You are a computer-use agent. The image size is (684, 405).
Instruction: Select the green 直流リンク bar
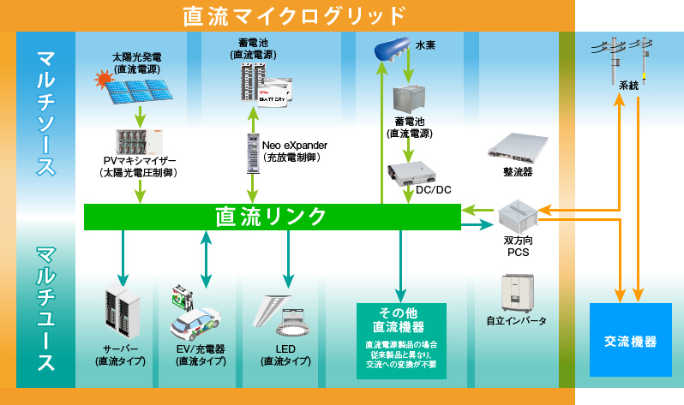point(271,217)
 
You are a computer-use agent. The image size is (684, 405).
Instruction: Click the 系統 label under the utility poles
point(628,86)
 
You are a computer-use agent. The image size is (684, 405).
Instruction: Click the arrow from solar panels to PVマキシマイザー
point(137,116)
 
